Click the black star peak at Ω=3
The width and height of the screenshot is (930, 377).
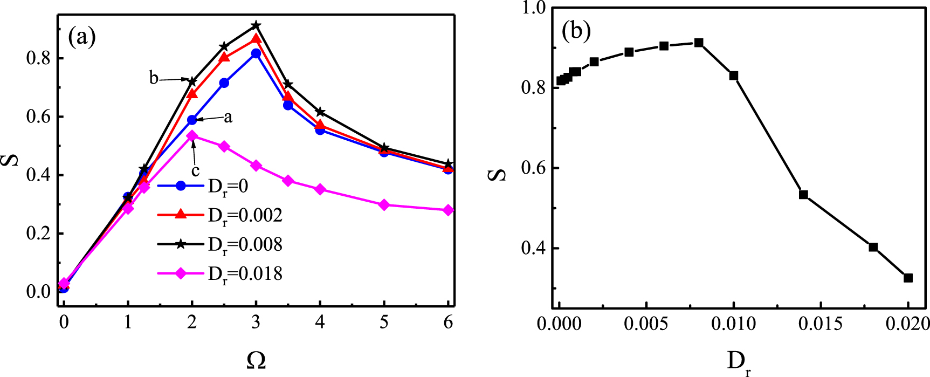pos(256,25)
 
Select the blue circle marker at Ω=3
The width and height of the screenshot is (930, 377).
pos(256,53)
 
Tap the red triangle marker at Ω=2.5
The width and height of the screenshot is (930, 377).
pos(224,57)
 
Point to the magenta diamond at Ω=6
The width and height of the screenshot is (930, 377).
pos(448,210)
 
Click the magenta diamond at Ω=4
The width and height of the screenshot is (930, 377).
pos(320,189)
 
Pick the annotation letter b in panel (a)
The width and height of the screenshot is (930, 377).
pos(154,79)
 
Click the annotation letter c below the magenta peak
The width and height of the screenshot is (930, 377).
pos(196,171)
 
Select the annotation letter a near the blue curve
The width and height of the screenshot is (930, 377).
pos(228,118)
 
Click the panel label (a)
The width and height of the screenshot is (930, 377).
pos(82,37)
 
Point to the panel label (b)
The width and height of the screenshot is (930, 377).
pos(576,32)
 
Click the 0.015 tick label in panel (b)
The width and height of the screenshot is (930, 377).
pos(821,324)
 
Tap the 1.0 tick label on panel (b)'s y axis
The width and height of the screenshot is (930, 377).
pos(534,8)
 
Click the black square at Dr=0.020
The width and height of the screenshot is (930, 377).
pos(908,278)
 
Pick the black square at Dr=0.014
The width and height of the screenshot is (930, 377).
pos(803,195)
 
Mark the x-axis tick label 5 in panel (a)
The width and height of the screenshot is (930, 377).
pos(384,323)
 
